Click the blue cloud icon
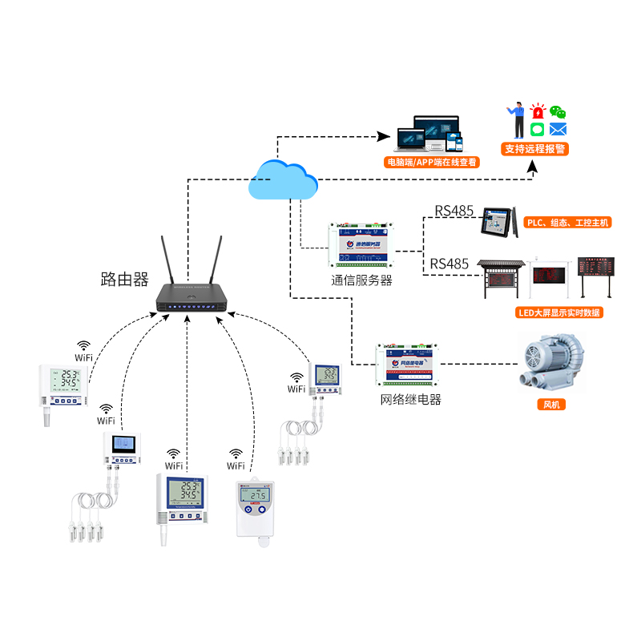pyautogui.click(x=281, y=179)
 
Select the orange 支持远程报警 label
pyautogui.click(x=534, y=149)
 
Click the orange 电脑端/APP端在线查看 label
pyautogui.click(x=432, y=162)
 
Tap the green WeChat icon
pyautogui.click(x=557, y=113)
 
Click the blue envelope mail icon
pyautogui.click(x=558, y=129)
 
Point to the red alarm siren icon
pyautogui.click(x=537, y=112)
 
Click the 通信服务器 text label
pyautogui.click(x=361, y=280)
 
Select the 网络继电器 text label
pyautogui.click(x=410, y=400)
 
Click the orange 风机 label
pyautogui.click(x=551, y=405)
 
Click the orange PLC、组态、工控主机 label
pyautogui.click(x=566, y=223)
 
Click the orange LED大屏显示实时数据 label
pyautogui.click(x=558, y=312)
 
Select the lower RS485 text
pyautogui.click(x=449, y=264)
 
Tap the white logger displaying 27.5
pyautogui.click(x=256, y=509)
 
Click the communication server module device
pyautogui.click(x=361, y=243)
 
